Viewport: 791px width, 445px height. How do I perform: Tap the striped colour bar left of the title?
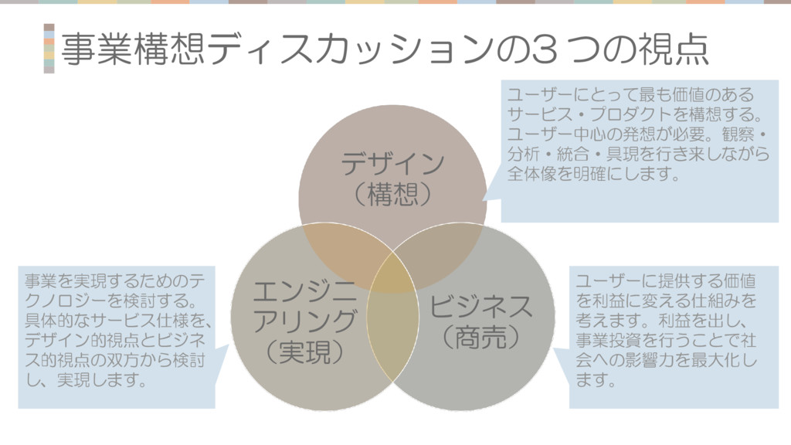(x=49, y=48)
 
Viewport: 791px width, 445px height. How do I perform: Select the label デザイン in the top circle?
(x=393, y=164)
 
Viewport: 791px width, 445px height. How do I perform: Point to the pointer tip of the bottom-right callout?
(x=554, y=349)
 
